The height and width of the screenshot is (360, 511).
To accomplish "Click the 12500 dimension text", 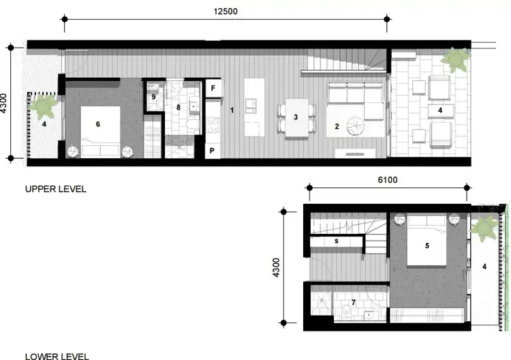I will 228,12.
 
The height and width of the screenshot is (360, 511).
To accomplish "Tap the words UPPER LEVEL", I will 56,189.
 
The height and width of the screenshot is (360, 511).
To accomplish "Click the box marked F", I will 213,89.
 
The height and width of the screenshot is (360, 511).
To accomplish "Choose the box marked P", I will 213,151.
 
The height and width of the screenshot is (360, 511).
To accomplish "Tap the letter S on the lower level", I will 337,241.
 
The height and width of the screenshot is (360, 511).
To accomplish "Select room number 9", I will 153,97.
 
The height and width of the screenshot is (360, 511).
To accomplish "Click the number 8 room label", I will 179,107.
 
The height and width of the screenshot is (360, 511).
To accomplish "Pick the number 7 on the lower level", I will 354,302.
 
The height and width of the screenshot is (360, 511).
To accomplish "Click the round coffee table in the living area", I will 356,126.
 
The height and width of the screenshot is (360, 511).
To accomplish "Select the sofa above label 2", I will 355,100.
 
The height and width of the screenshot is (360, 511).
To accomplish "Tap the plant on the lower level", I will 484,226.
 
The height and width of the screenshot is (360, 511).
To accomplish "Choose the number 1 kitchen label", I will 232,110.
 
